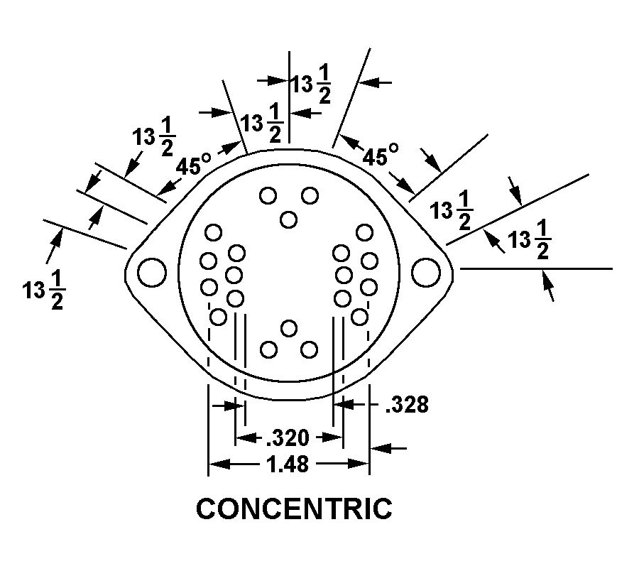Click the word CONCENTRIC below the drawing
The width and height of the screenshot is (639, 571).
[x=294, y=509]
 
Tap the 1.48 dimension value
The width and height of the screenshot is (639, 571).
[x=288, y=464]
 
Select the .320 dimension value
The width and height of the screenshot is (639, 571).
[x=288, y=437]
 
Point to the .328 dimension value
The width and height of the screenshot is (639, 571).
[x=407, y=405]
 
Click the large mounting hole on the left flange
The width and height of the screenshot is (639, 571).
[x=152, y=272]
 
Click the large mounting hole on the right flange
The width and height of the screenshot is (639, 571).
[x=426, y=272]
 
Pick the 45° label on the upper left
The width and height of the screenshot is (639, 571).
[x=194, y=165]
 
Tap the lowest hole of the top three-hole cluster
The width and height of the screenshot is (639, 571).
[x=288, y=219]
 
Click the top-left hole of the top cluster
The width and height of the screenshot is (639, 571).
[x=268, y=195]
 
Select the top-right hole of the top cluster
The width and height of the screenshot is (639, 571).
[x=310, y=195]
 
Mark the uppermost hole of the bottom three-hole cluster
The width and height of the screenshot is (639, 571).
[x=289, y=329]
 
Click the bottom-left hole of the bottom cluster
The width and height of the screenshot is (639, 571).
[x=268, y=349]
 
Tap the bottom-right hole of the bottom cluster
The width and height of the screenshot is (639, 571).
[x=309, y=349]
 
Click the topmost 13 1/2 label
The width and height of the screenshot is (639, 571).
[x=310, y=85]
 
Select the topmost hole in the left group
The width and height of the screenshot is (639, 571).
[x=213, y=233]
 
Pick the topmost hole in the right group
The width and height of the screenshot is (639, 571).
[x=364, y=233]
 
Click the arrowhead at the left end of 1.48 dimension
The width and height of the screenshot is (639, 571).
[x=219, y=464]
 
